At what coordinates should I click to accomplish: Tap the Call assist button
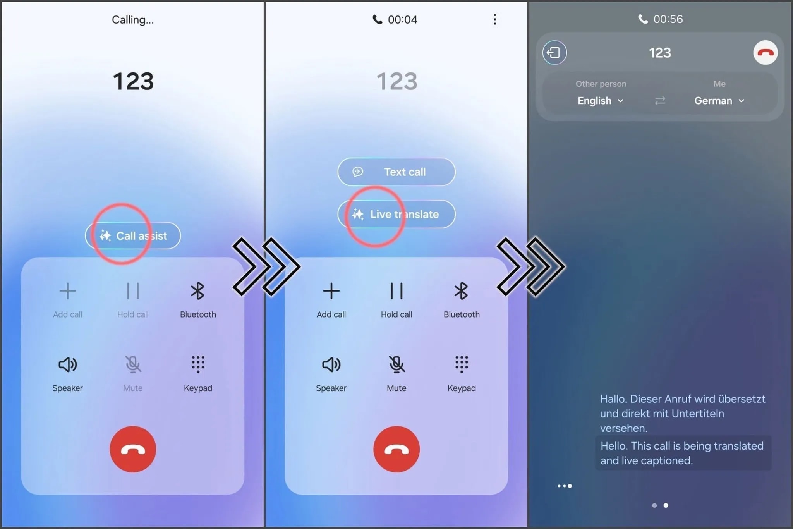(133, 235)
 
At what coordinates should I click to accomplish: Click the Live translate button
(396, 214)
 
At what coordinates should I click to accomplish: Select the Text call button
(396, 172)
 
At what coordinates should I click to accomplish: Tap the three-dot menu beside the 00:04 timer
(494, 19)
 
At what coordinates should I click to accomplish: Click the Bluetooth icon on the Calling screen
(197, 291)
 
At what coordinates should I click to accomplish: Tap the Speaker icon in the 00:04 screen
(331, 364)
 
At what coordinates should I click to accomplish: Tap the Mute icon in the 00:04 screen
(396, 364)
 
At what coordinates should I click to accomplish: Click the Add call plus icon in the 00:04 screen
(331, 291)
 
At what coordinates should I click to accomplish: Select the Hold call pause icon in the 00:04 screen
(396, 291)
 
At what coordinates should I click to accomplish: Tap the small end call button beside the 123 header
(765, 53)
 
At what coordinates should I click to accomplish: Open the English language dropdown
(600, 101)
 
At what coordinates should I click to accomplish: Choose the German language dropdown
(719, 101)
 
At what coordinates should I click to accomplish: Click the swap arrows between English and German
(660, 101)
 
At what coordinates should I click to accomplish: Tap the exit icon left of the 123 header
(554, 53)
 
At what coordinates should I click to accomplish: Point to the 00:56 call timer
(668, 19)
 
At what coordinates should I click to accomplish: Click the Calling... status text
(133, 20)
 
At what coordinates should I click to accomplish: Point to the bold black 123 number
(133, 81)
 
